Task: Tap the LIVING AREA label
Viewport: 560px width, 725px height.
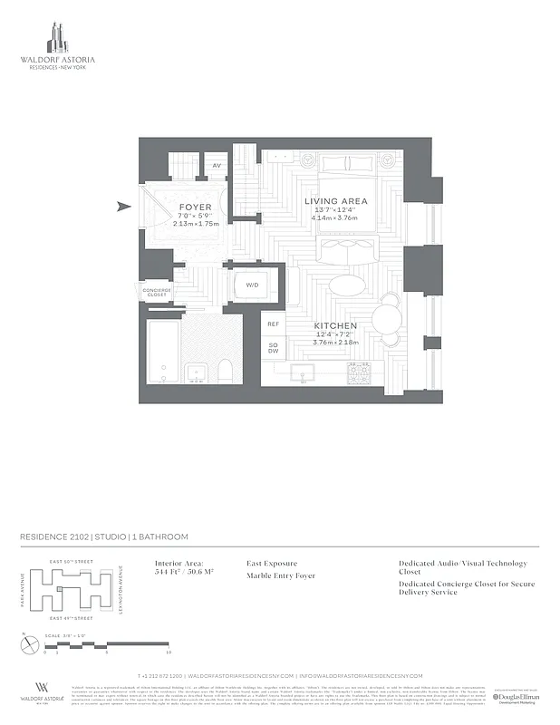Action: (x=334, y=200)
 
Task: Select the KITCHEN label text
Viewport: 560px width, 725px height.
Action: (x=335, y=325)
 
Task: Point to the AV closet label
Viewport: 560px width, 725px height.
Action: (x=217, y=167)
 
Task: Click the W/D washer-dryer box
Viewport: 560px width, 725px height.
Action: (x=252, y=285)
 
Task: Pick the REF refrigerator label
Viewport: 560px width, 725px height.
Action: (x=273, y=324)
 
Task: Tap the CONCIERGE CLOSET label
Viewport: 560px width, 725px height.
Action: (x=156, y=293)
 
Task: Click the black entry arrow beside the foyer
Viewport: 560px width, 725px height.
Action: (x=125, y=208)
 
